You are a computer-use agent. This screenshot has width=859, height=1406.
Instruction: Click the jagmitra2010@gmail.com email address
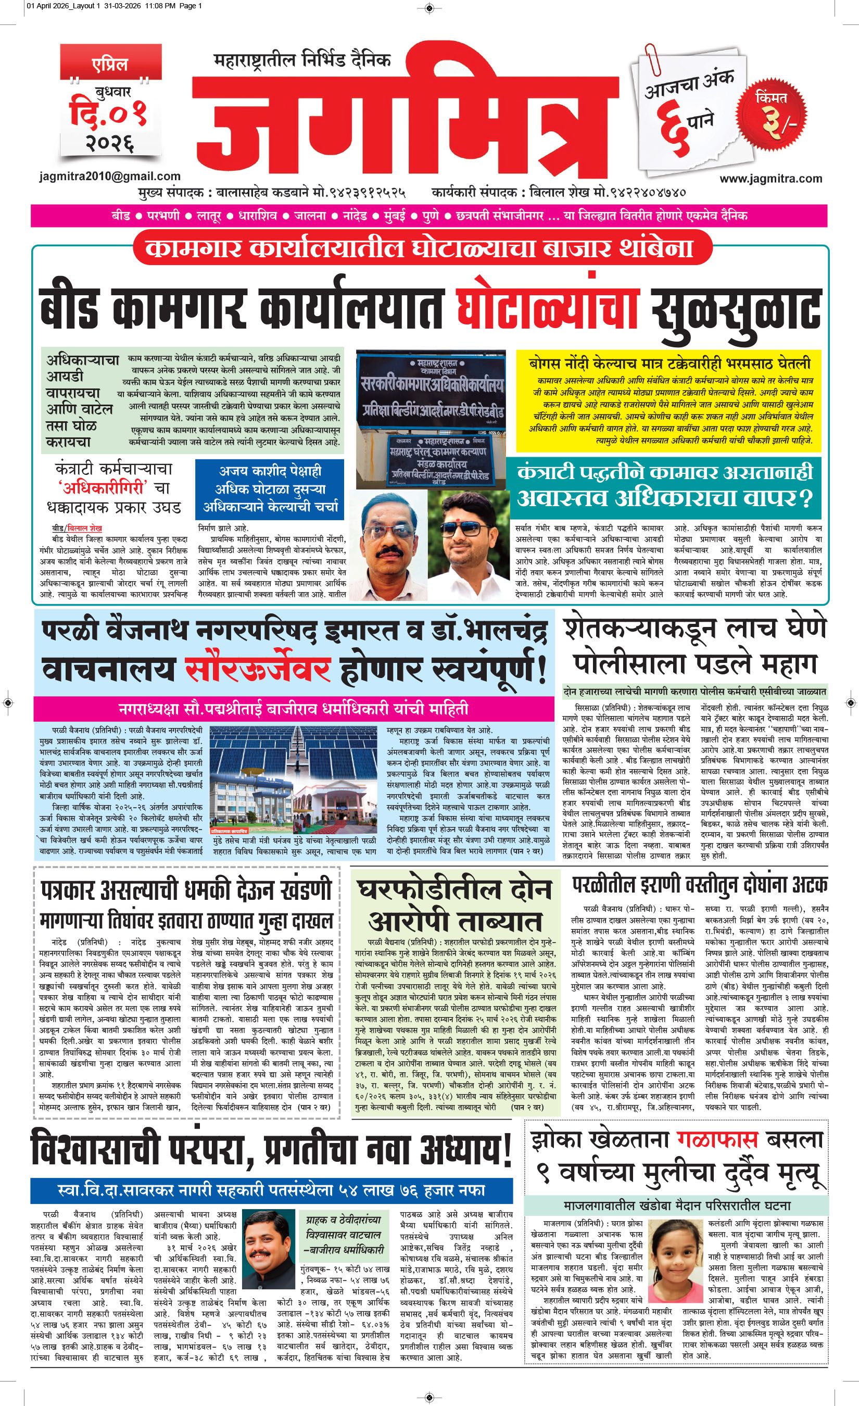coord(110,177)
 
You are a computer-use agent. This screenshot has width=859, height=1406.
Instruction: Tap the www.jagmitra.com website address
coord(770,179)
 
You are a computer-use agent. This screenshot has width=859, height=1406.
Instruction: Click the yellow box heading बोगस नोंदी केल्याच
coord(669,363)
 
